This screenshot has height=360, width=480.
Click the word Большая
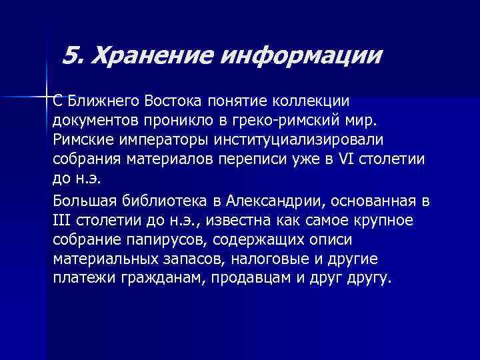coord(81,201)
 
